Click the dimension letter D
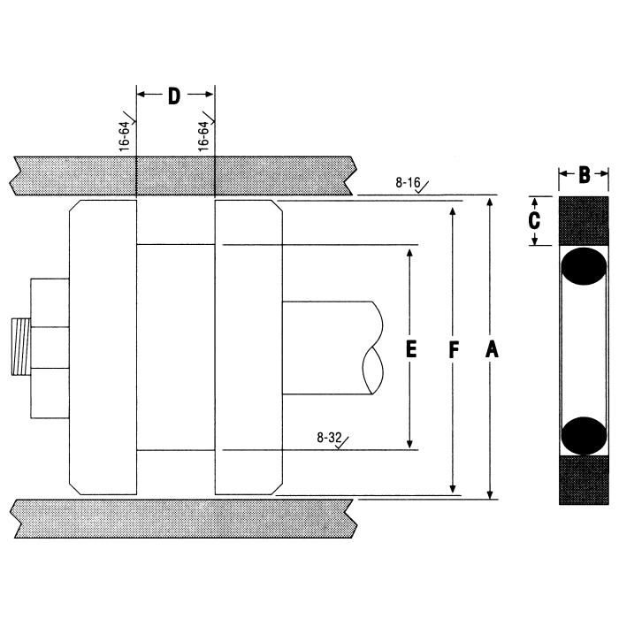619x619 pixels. coord(174,96)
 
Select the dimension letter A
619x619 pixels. coord(492,350)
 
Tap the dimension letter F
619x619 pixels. coord(453,350)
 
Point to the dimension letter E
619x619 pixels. coord(410,349)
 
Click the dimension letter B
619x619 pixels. coord(585,175)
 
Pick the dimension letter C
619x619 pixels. coord(533,220)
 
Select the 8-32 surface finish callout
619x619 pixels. coord(328,438)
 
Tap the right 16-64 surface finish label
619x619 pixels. coord(204,134)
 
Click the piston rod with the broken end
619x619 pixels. coord(327,348)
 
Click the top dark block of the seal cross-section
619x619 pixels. coord(585,220)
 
